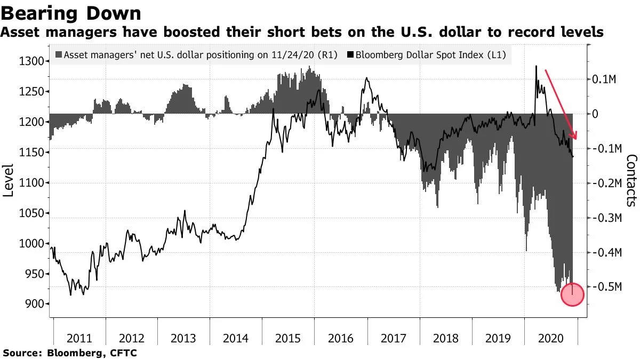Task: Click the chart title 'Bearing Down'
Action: [x=71, y=13]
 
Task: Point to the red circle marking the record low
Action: [x=573, y=295]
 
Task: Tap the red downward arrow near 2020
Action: [x=561, y=105]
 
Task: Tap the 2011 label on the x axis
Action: [x=80, y=338]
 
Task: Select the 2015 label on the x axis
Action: [x=289, y=338]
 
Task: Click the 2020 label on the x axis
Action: [x=550, y=338]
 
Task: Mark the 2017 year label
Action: [x=393, y=338]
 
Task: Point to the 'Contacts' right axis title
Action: [x=631, y=180]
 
